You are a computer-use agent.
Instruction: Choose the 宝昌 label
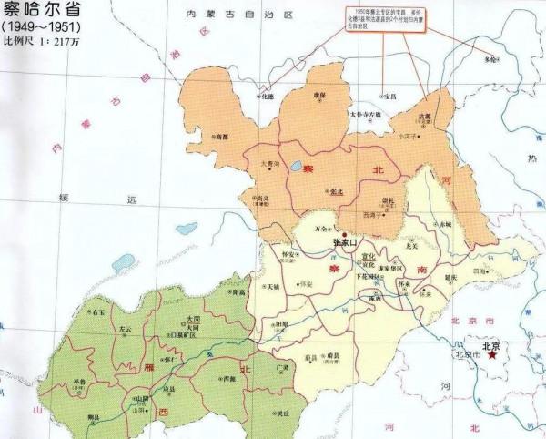(389, 96)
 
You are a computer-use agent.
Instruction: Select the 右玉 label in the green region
(97, 311)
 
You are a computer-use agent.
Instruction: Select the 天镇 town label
(272, 286)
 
